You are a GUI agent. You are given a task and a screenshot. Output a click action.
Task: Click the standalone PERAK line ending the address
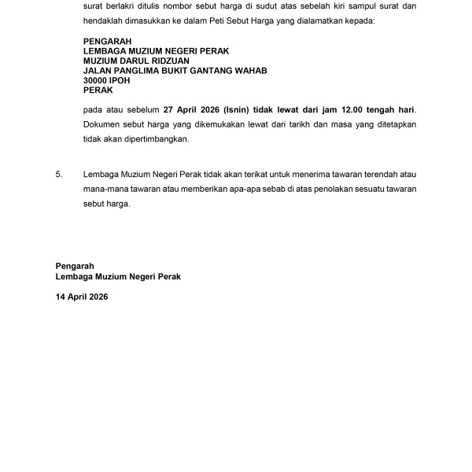(x=98, y=90)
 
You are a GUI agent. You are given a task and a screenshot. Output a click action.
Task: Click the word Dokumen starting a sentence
(x=101, y=125)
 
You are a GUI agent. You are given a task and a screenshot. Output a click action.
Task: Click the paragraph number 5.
(x=58, y=174)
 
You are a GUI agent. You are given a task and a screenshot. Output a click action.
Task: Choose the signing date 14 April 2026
(x=82, y=297)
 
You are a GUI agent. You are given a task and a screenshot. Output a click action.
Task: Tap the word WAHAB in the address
(x=251, y=71)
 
